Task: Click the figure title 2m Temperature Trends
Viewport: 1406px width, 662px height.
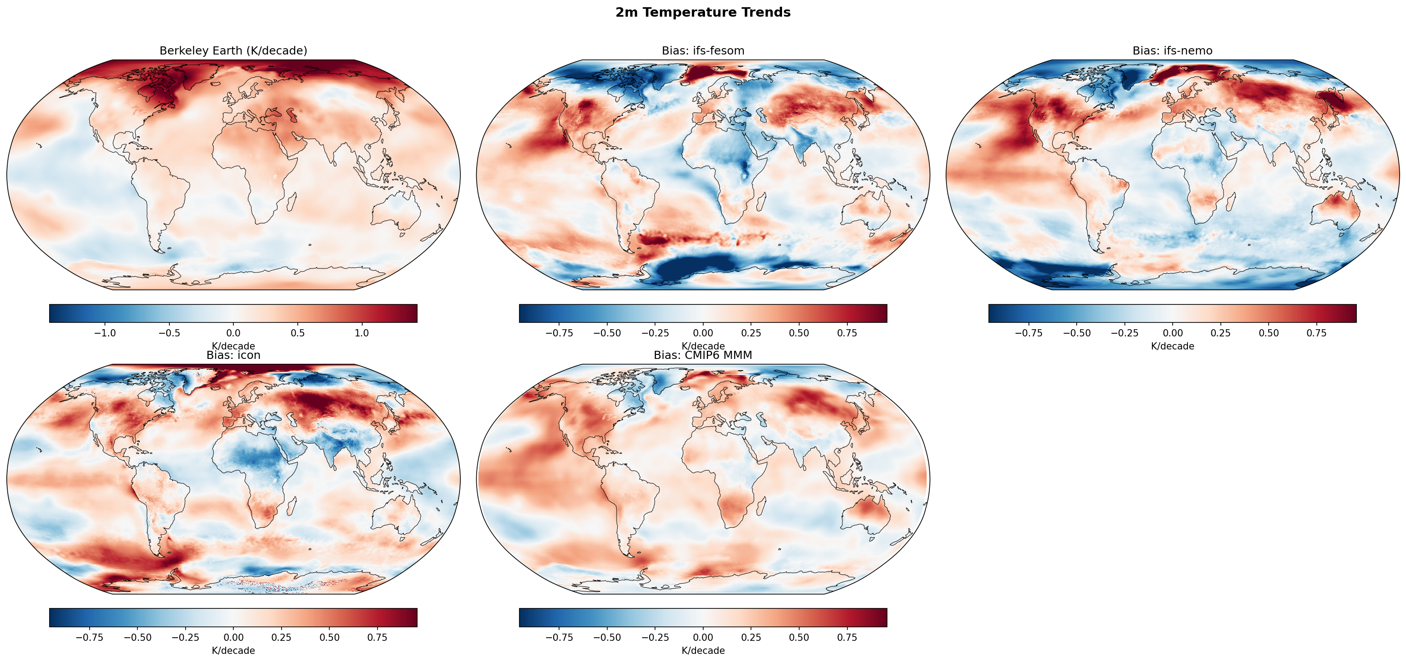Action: (702, 13)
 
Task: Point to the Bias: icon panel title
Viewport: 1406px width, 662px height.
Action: (233, 355)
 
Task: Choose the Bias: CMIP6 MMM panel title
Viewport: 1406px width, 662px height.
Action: (702, 355)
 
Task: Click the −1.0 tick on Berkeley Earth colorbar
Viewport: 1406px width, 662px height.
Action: (105, 333)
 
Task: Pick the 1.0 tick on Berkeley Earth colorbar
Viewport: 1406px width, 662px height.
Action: (362, 333)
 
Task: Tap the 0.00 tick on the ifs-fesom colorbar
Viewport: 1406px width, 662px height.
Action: (702, 333)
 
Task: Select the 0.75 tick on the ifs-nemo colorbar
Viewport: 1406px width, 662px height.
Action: (1316, 333)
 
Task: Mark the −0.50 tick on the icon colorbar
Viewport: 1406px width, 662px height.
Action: (137, 637)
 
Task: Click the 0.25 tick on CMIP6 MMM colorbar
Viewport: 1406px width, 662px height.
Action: (751, 637)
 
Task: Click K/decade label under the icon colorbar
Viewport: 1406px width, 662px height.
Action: (233, 651)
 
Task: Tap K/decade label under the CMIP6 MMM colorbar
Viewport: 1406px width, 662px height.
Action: (702, 651)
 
